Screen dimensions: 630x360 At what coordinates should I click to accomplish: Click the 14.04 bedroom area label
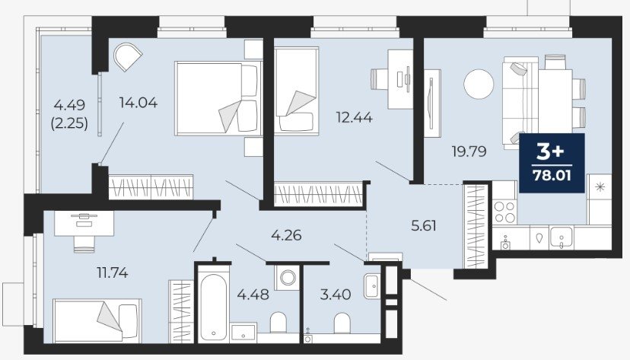point(138,103)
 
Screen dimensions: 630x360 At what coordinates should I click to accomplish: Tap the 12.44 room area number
point(354,117)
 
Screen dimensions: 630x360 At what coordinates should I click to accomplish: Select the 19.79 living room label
point(469,151)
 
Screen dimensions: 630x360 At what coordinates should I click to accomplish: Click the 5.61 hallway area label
point(424,226)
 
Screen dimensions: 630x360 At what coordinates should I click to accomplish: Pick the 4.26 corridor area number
point(286,235)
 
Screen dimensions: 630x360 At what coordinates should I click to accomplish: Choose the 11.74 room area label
point(113,273)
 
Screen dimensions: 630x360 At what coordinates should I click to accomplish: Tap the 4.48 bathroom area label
point(253,295)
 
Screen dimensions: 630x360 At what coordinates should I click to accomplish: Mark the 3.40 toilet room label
point(336,295)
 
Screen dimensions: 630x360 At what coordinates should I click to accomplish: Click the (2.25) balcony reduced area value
point(69,123)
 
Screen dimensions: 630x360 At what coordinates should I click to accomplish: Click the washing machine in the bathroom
point(287,277)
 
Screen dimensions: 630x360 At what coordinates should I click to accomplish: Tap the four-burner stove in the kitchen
point(504,212)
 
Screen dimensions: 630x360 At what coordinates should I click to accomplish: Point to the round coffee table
point(479,84)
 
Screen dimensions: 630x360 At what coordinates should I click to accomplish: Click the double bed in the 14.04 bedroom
point(217,98)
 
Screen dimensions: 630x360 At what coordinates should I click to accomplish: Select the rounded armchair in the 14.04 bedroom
point(127,57)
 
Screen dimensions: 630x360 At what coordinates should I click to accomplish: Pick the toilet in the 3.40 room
point(342,323)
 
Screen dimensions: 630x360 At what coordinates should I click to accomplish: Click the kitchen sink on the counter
point(562,236)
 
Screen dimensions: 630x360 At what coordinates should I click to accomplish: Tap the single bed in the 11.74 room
point(97,320)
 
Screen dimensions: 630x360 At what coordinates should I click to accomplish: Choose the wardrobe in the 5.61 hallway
point(476,225)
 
